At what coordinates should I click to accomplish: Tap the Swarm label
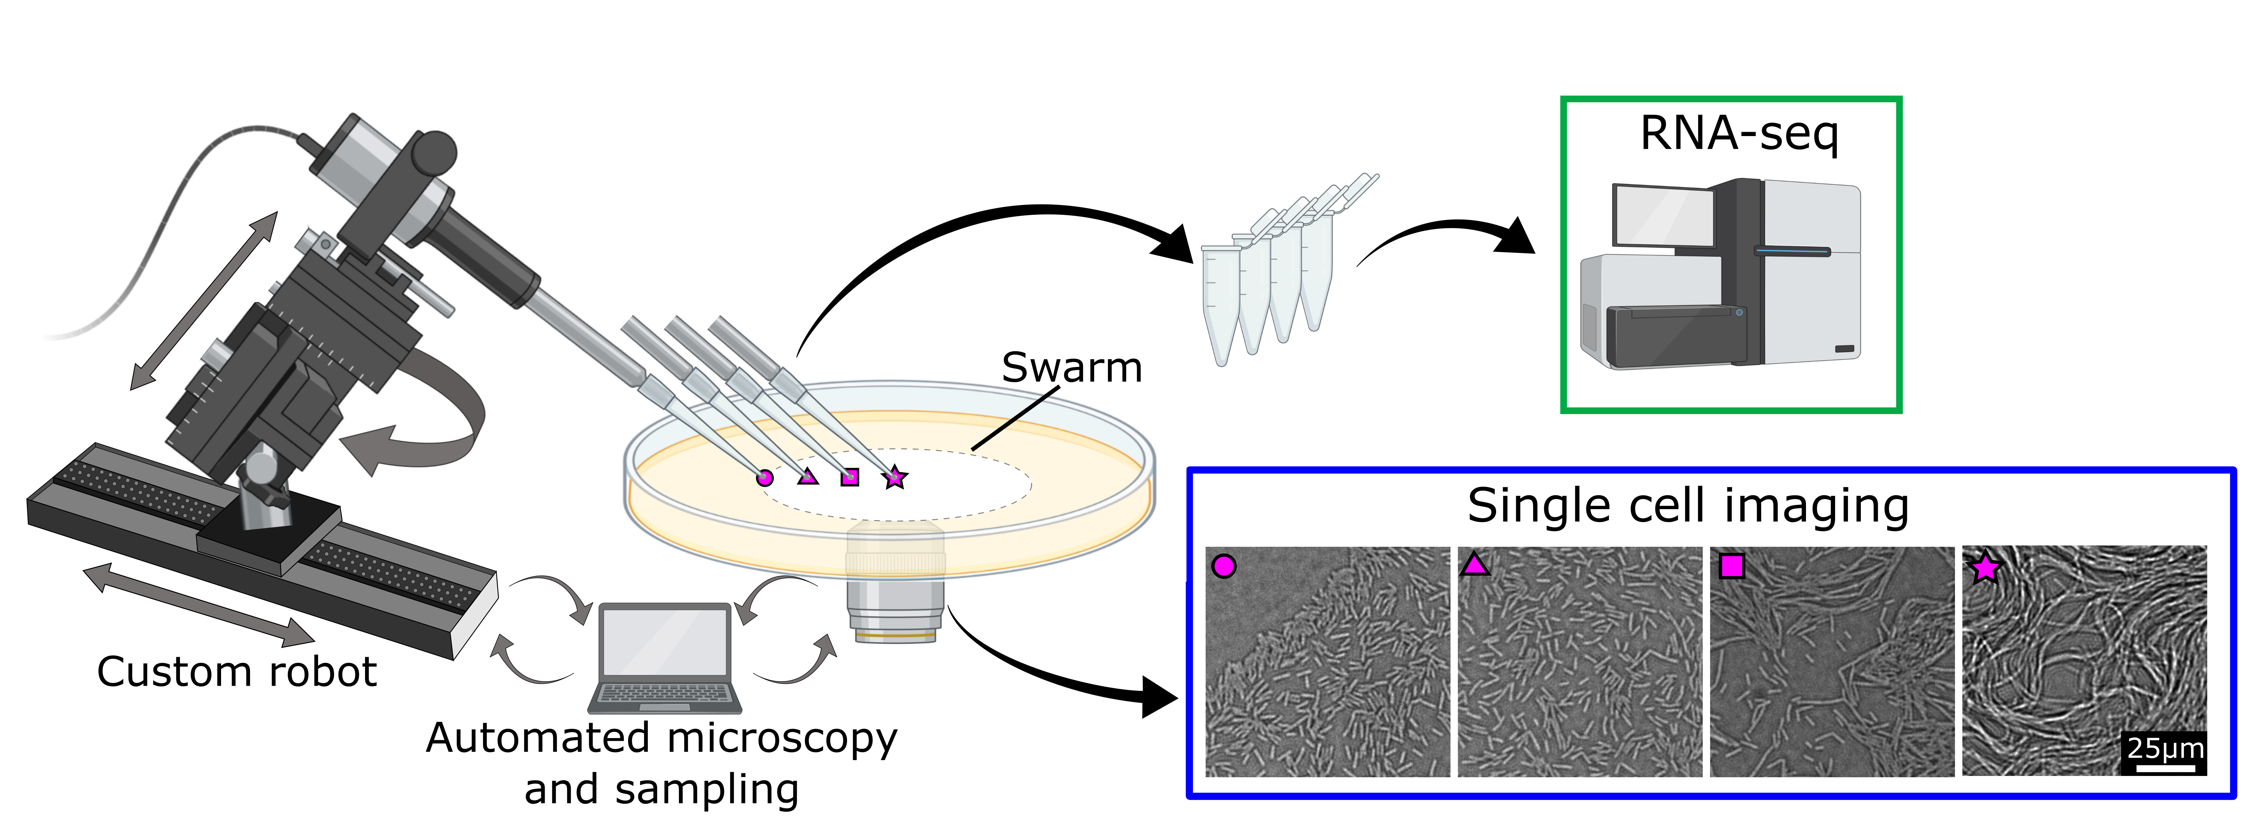click(1071, 368)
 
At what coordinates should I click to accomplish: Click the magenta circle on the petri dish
click(764, 478)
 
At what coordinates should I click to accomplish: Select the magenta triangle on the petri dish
click(808, 476)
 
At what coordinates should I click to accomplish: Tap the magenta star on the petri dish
click(894, 478)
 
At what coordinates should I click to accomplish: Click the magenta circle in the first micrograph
click(1224, 566)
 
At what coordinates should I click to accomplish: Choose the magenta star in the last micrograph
click(1984, 568)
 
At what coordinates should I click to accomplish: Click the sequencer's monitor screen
click(1662, 215)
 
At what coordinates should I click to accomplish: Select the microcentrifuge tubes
click(1273, 279)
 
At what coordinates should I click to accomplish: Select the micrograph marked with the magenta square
click(1832, 662)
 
